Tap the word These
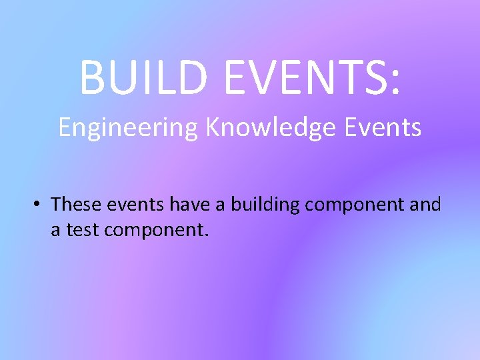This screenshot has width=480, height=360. [75, 203]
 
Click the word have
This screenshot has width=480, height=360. [189, 203]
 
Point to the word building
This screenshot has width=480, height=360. [265, 205]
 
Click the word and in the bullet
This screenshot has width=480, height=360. [425, 203]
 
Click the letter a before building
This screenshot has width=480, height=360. [222, 205]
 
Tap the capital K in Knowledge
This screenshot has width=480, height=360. [212, 126]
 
